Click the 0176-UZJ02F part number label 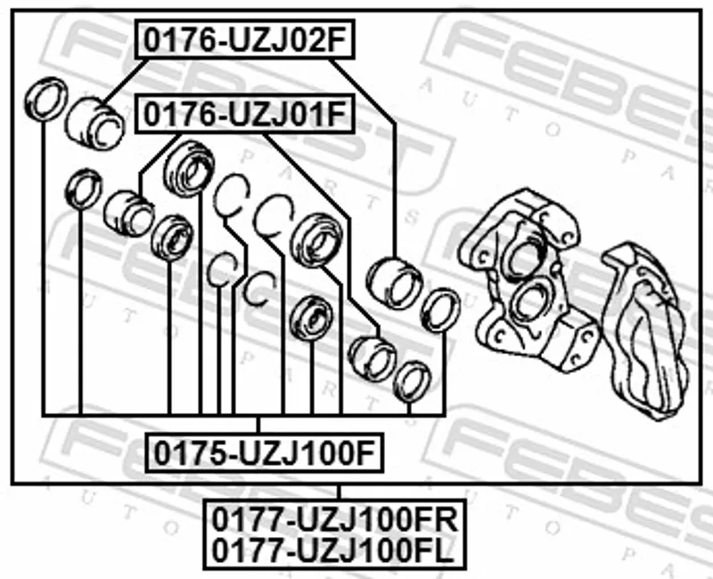coord(244,39)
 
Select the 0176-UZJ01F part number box coord(244,114)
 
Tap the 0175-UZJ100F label coord(264,453)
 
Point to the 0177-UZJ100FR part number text coord(335,520)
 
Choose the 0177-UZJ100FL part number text coord(332,550)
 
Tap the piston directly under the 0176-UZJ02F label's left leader coord(94,124)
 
